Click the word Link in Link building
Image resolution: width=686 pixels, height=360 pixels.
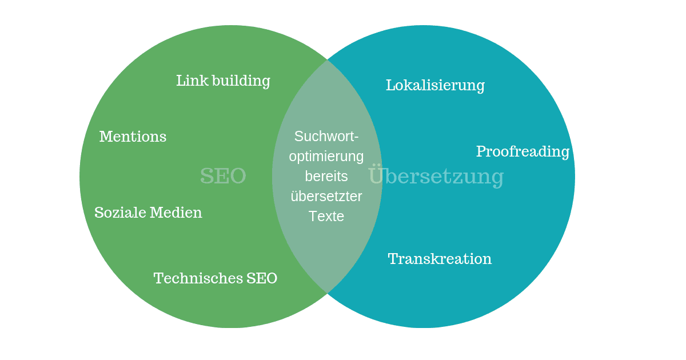point(192,81)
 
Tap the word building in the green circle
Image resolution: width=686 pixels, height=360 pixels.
point(241,81)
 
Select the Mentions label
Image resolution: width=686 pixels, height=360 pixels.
point(133,137)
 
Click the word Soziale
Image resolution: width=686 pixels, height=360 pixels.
point(120,213)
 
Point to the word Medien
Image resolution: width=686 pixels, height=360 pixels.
point(176,213)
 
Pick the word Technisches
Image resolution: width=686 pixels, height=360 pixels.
point(198,278)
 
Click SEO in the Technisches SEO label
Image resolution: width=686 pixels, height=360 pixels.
point(262,278)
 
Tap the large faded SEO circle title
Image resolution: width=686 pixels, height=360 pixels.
point(223,176)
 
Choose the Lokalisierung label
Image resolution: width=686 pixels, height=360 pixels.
point(435,85)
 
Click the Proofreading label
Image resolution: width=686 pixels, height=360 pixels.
point(523,152)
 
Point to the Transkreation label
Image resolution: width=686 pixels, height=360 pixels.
point(440,259)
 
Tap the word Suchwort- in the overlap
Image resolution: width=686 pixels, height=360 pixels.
point(326,136)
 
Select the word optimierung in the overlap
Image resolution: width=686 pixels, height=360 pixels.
point(326,157)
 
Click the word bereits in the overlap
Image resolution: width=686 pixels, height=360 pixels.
point(326,177)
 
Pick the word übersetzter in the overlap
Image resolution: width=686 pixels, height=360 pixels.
point(326,196)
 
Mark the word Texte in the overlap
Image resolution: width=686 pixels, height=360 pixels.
point(326,216)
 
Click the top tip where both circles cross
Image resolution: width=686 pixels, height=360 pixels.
point(328,60)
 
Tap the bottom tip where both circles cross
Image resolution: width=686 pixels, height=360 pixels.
point(328,293)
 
